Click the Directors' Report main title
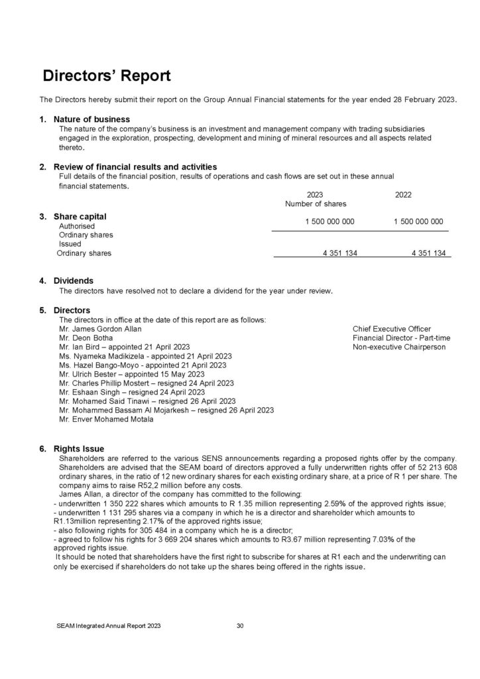107,76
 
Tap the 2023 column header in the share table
316,195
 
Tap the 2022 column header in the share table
402,195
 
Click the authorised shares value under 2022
418,221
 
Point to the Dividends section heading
73,280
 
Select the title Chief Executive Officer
392,329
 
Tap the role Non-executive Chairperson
399,347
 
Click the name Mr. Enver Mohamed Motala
105,419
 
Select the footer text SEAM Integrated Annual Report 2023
108,625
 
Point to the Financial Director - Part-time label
401,338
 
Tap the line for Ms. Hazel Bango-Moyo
143,365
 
